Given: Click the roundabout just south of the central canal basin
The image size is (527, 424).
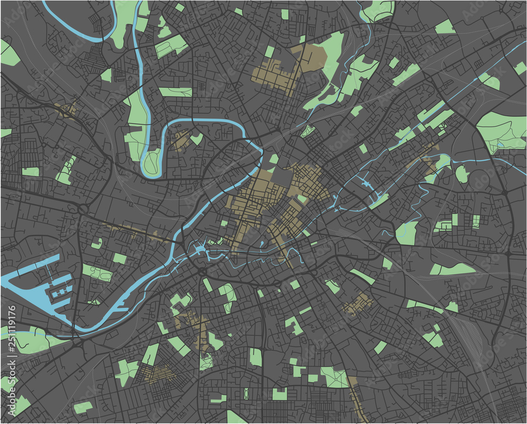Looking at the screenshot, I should tap(202, 271).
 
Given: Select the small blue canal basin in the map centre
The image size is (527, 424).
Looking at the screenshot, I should tap(200, 249).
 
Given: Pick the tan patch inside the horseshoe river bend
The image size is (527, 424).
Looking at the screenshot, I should tap(181, 140).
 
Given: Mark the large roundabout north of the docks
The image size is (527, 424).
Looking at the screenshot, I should tap(83, 210).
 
